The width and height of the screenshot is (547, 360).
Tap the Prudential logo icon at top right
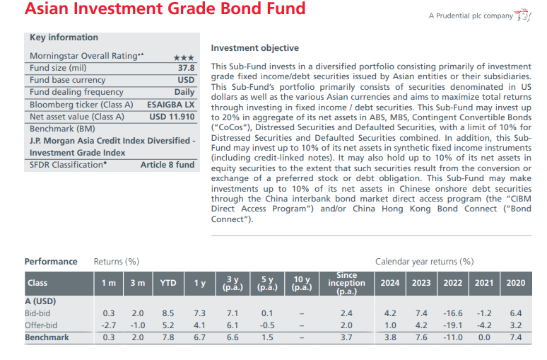coord(523,16)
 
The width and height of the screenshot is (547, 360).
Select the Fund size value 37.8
coord(185,68)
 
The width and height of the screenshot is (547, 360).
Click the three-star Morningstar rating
coord(184,57)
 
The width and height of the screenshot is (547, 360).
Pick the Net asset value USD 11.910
coord(172,117)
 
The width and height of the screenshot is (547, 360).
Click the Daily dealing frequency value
coord(184,92)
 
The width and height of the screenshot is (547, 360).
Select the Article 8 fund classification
coord(167,165)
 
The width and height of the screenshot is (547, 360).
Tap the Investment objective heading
coord(254,48)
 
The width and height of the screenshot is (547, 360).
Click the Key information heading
coord(64,37)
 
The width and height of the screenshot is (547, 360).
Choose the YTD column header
coord(167,283)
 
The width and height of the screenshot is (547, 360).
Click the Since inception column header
coord(346,283)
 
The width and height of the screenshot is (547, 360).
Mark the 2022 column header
coord(452,283)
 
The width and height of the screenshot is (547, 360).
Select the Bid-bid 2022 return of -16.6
coord(452,313)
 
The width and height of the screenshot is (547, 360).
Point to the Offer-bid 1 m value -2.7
coord(108,325)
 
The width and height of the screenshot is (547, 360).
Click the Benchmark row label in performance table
coord(47,337)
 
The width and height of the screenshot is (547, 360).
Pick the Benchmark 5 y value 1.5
coord(266,337)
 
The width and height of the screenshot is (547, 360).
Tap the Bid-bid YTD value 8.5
coord(167,313)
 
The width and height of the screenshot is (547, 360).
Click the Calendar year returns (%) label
coord(424,261)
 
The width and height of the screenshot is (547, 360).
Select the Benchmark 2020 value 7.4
coord(514,337)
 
